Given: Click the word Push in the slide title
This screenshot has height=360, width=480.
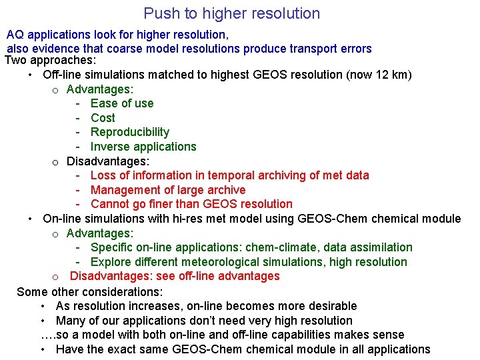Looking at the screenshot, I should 159,13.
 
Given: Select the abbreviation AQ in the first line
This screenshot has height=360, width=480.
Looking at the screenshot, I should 15,34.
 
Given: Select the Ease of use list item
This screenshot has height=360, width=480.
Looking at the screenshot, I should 122,103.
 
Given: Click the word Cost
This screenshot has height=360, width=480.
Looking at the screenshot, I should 103,118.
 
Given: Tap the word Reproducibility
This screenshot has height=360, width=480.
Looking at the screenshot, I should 130,132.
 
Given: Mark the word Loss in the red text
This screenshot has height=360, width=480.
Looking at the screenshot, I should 103,175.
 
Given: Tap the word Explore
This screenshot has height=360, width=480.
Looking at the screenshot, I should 111,262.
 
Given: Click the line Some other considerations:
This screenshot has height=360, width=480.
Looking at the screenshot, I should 89,291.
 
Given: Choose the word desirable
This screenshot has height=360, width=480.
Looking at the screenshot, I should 327,306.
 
